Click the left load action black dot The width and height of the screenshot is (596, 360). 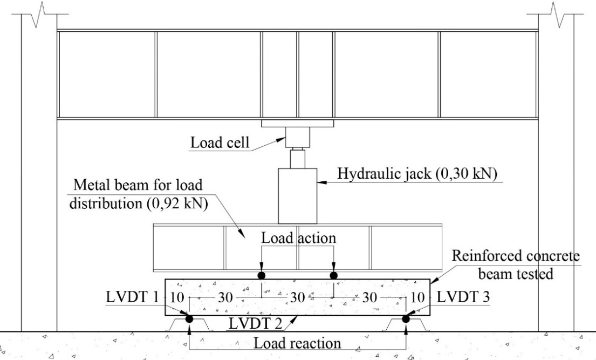click(x=262, y=276)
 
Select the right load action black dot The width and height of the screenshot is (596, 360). click(x=334, y=276)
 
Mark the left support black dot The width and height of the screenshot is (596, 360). click(x=189, y=319)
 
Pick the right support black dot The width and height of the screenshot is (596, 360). click(x=406, y=319)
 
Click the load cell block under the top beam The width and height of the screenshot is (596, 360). click(x=297, y=138)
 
